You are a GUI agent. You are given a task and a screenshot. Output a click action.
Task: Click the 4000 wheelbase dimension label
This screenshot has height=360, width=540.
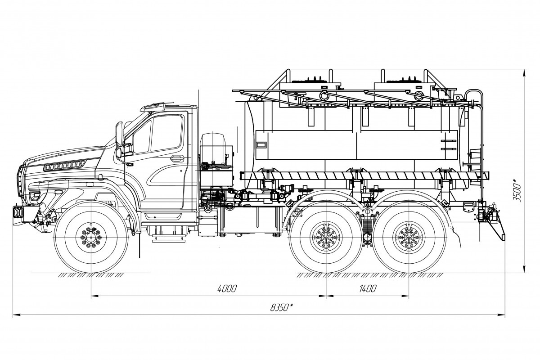click(x=226, y=289)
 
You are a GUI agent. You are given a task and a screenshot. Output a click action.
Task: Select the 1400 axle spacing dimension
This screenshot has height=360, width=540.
click(x=368, y=289)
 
